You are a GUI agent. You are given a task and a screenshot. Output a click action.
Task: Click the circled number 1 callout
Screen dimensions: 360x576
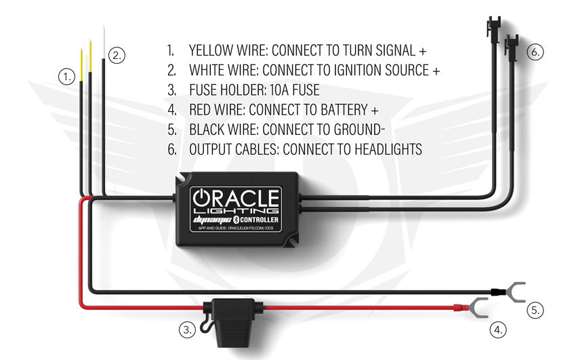(66, 77)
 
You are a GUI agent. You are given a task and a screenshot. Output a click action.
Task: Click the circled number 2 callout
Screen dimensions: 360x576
(117, 56)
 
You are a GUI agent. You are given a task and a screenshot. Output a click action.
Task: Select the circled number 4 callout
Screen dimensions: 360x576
(498, 330)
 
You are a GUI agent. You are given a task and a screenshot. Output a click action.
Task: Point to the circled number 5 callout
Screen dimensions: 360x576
(535, 311)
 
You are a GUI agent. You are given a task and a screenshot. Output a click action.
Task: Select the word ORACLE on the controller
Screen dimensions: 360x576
(236, 199)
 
